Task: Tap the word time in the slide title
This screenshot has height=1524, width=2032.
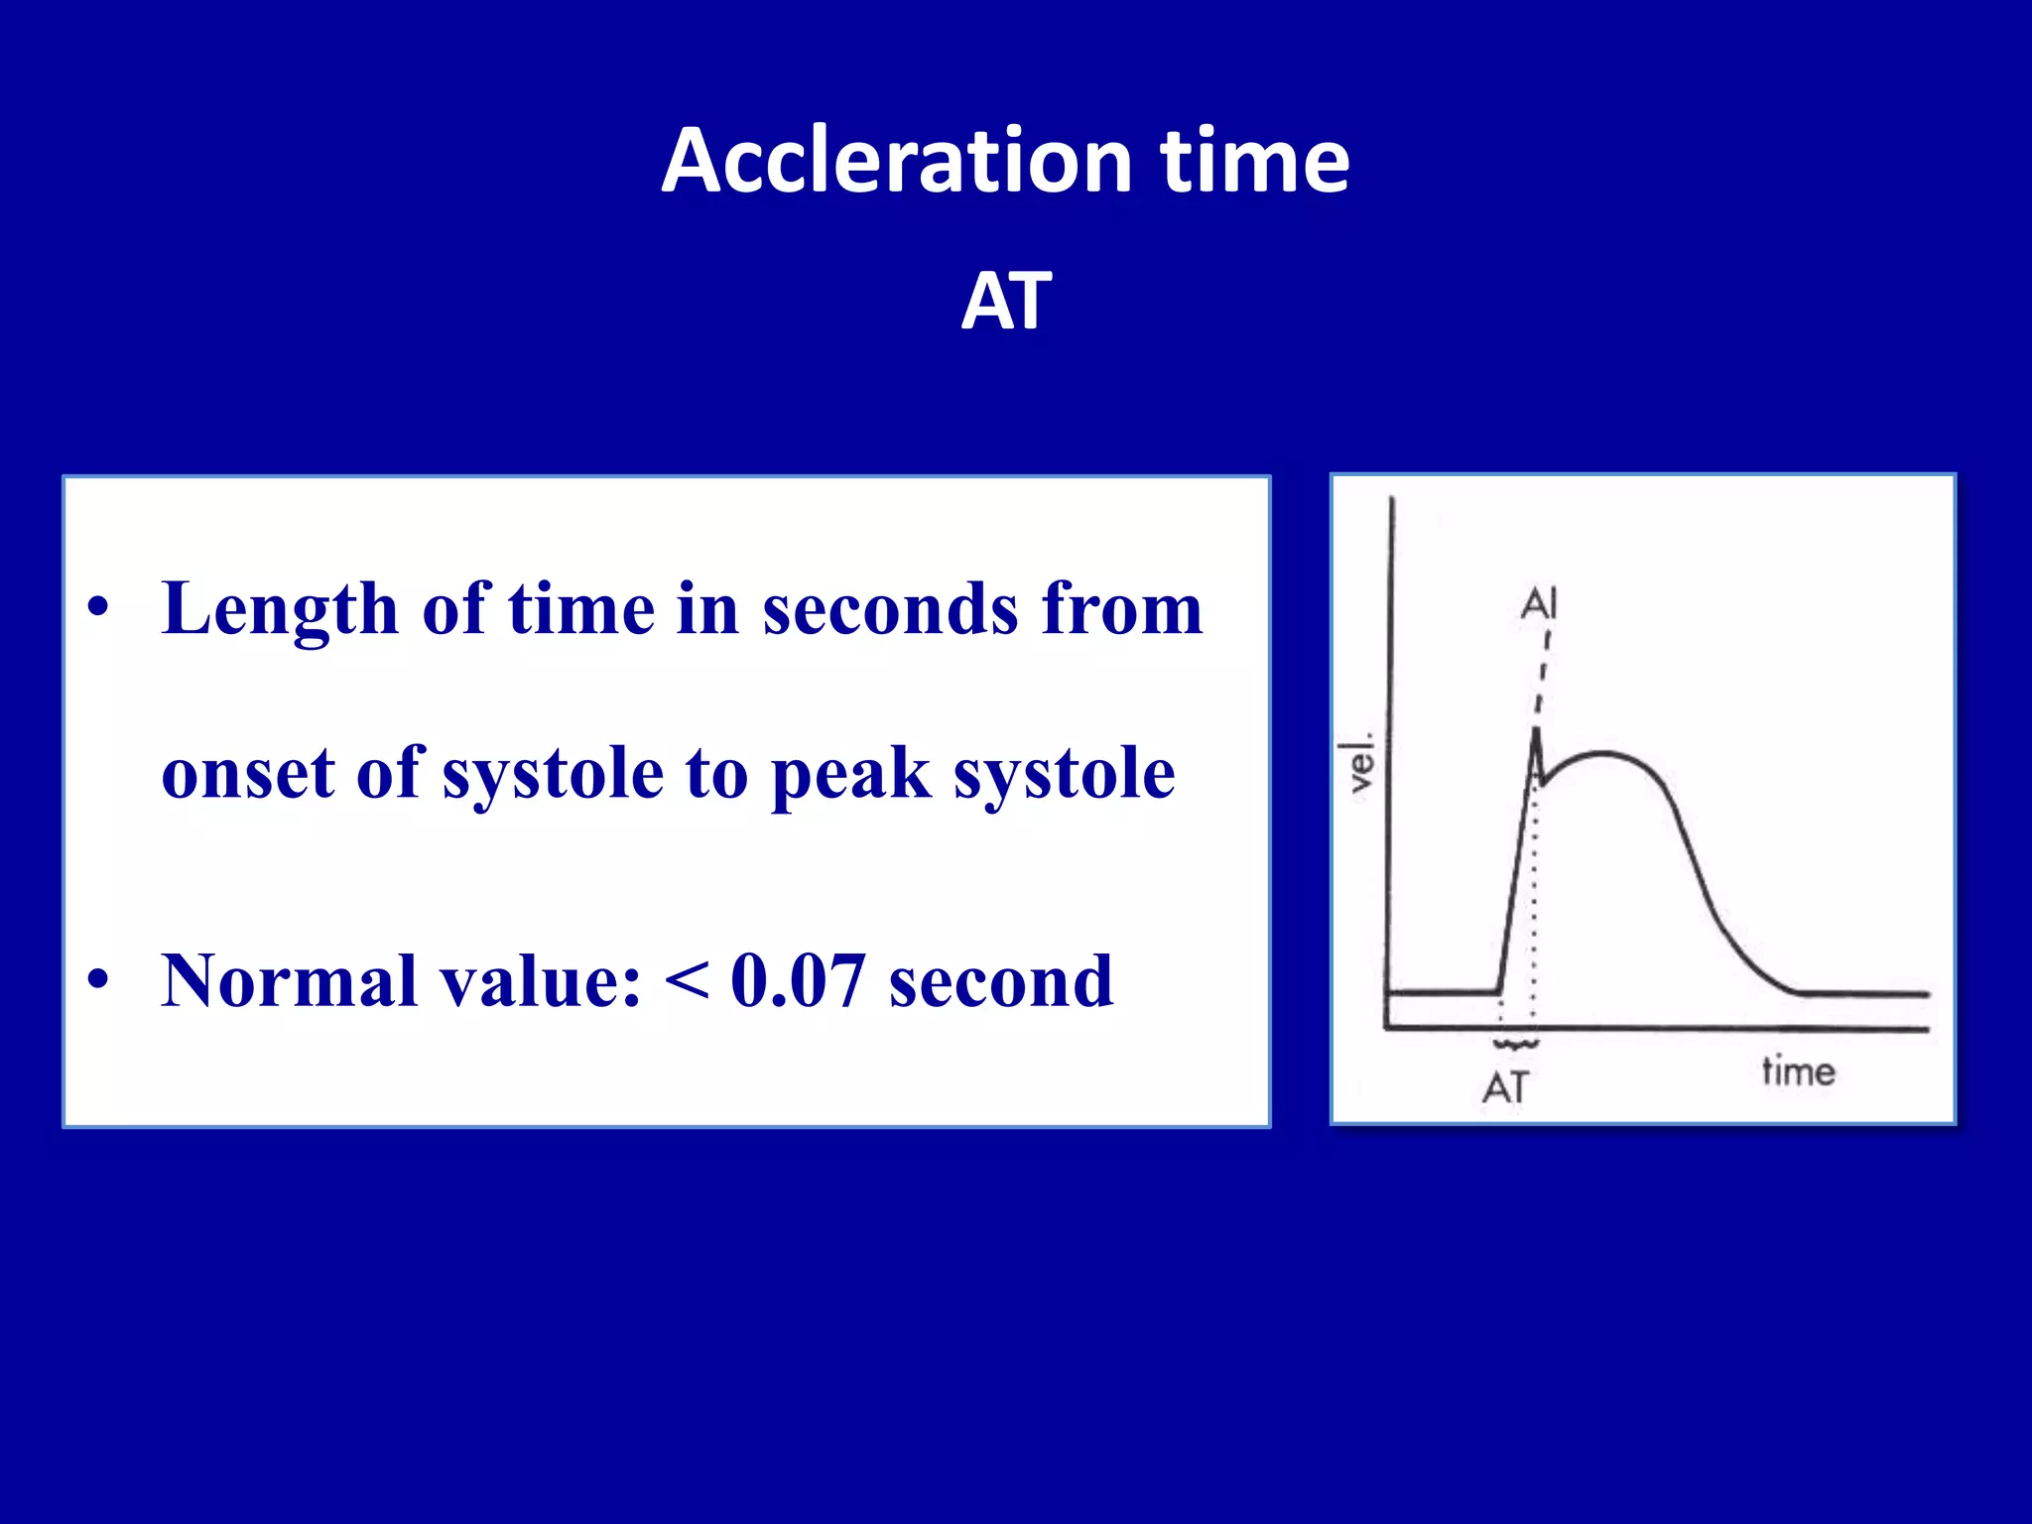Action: point(1255,161)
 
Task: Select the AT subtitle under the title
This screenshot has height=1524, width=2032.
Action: point(1006,301)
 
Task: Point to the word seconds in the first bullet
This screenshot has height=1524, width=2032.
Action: point(890,608)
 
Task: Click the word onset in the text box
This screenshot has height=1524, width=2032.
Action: point(247,774)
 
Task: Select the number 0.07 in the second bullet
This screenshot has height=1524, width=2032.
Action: point(798,981)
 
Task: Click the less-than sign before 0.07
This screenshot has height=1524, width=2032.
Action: point(687,982)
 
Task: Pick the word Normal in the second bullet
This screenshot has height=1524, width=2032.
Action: point(289,981)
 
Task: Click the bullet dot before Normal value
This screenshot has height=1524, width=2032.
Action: point(97,979)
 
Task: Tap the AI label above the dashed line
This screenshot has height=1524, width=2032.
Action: point(1540,603)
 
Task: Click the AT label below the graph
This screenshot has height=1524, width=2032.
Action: point(1505,1088)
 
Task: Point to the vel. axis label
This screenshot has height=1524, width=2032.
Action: point(1358,763)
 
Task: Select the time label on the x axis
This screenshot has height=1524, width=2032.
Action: point(1798,1072)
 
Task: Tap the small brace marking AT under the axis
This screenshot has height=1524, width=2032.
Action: point(1516,1044)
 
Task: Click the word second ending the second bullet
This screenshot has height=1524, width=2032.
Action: point(1000,981)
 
